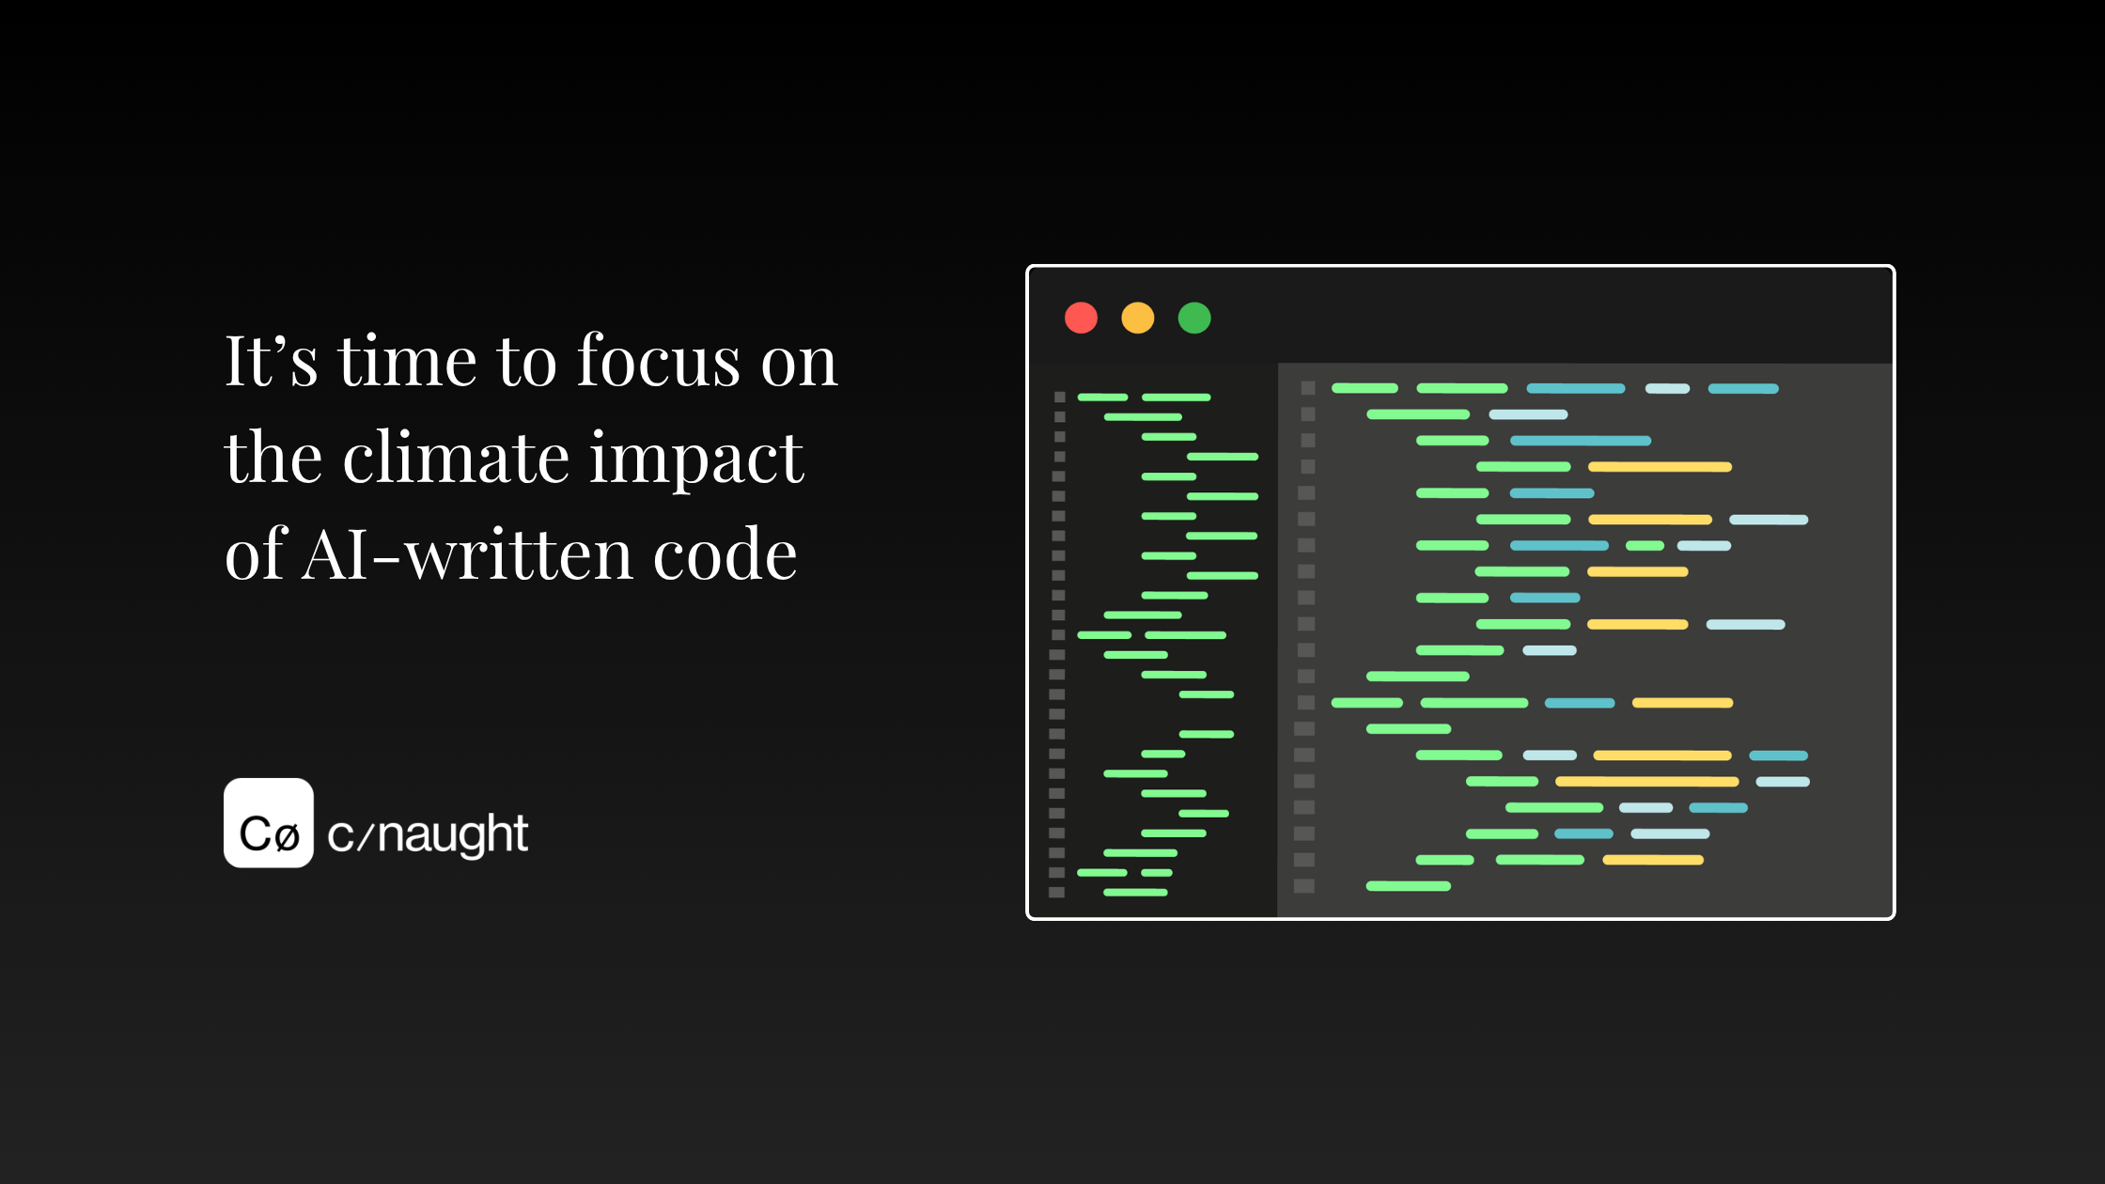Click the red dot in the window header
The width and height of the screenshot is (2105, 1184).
(1081, 318)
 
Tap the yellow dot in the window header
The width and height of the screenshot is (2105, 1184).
(1138, 318)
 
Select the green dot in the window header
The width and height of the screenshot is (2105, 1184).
(1194, 318)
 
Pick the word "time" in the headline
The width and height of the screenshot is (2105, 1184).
(407, 361)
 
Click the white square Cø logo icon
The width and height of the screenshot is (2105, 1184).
(269, 822)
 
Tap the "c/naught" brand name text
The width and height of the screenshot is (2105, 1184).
(428, 834)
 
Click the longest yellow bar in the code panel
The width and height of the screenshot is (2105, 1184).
(1646, 782)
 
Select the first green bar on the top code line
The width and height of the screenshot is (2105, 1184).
(1364, 388)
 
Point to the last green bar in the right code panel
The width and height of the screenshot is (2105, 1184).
(1408, 886)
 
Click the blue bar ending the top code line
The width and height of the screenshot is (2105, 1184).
(1743, 388)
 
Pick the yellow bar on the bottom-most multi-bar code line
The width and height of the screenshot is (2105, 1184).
(1652, 860)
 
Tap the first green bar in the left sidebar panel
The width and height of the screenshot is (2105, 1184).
(1102, 397)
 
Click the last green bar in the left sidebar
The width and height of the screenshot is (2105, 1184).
(1135, 893)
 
